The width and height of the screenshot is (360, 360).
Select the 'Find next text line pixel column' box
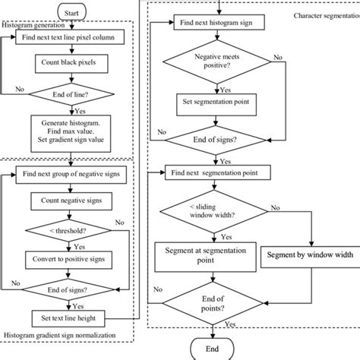[71, 36]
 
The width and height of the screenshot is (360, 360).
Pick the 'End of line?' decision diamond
[71, 95]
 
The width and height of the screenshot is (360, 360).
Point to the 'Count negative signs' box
[71, 201]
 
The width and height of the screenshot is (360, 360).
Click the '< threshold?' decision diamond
[71, 229]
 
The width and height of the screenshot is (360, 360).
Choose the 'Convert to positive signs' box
[71, 258]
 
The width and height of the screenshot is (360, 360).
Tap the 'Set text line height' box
[71, 317]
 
